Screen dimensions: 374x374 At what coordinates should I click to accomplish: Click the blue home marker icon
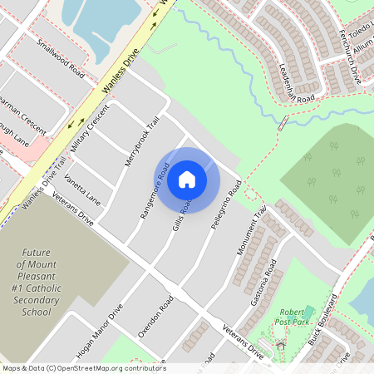(187, 180)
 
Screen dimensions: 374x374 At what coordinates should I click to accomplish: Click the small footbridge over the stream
(283, 123)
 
